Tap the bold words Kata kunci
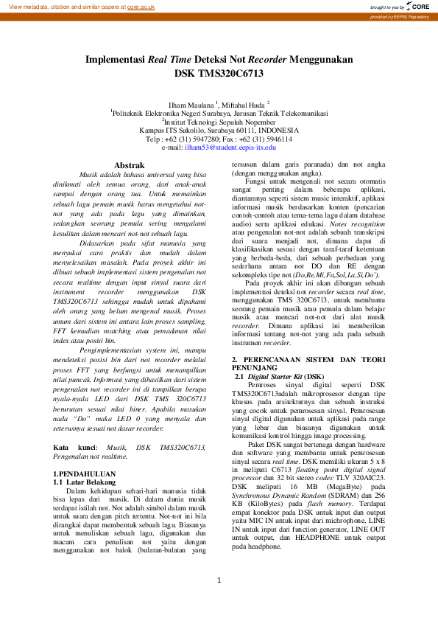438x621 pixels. pos(75,447)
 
